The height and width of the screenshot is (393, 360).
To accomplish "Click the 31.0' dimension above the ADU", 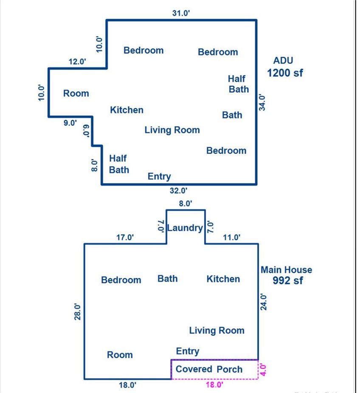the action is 181,13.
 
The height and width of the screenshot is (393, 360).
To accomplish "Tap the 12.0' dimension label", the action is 77,62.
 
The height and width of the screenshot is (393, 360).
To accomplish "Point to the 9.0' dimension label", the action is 70,123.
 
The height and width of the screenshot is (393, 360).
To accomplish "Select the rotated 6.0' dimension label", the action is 86,131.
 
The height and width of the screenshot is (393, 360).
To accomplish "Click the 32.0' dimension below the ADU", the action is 178,190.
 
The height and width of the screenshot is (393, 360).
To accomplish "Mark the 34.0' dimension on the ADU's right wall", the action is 262,102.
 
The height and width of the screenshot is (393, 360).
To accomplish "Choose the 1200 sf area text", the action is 285,73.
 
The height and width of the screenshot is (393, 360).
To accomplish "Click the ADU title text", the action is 283,60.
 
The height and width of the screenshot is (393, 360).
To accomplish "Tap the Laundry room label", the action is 185,228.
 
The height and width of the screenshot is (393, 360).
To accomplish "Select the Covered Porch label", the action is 209,369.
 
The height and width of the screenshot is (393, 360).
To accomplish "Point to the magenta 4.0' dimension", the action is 263,370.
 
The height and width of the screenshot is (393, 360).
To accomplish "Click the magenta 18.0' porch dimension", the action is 215,385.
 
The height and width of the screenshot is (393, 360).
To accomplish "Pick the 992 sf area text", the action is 287,280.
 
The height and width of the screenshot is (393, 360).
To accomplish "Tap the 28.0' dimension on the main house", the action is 78,311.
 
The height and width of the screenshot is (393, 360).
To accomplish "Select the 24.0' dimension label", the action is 264,302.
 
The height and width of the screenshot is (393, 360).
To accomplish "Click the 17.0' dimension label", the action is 125,237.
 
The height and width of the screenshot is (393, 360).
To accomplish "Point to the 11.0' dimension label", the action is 232,237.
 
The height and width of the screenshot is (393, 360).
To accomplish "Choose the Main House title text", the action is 287,270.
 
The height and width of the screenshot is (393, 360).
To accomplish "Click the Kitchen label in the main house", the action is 223,279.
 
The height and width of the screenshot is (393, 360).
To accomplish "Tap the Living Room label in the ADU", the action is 172,130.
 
